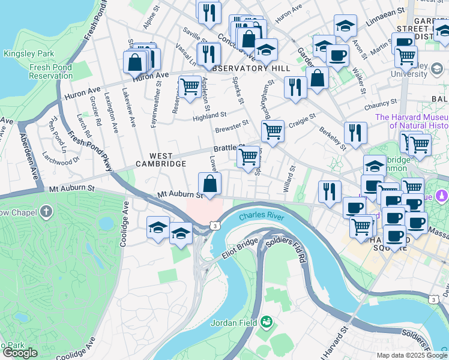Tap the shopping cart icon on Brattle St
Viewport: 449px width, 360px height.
[248, 157]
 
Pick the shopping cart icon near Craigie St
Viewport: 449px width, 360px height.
[273, 130]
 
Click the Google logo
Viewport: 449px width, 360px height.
[20, 353]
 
